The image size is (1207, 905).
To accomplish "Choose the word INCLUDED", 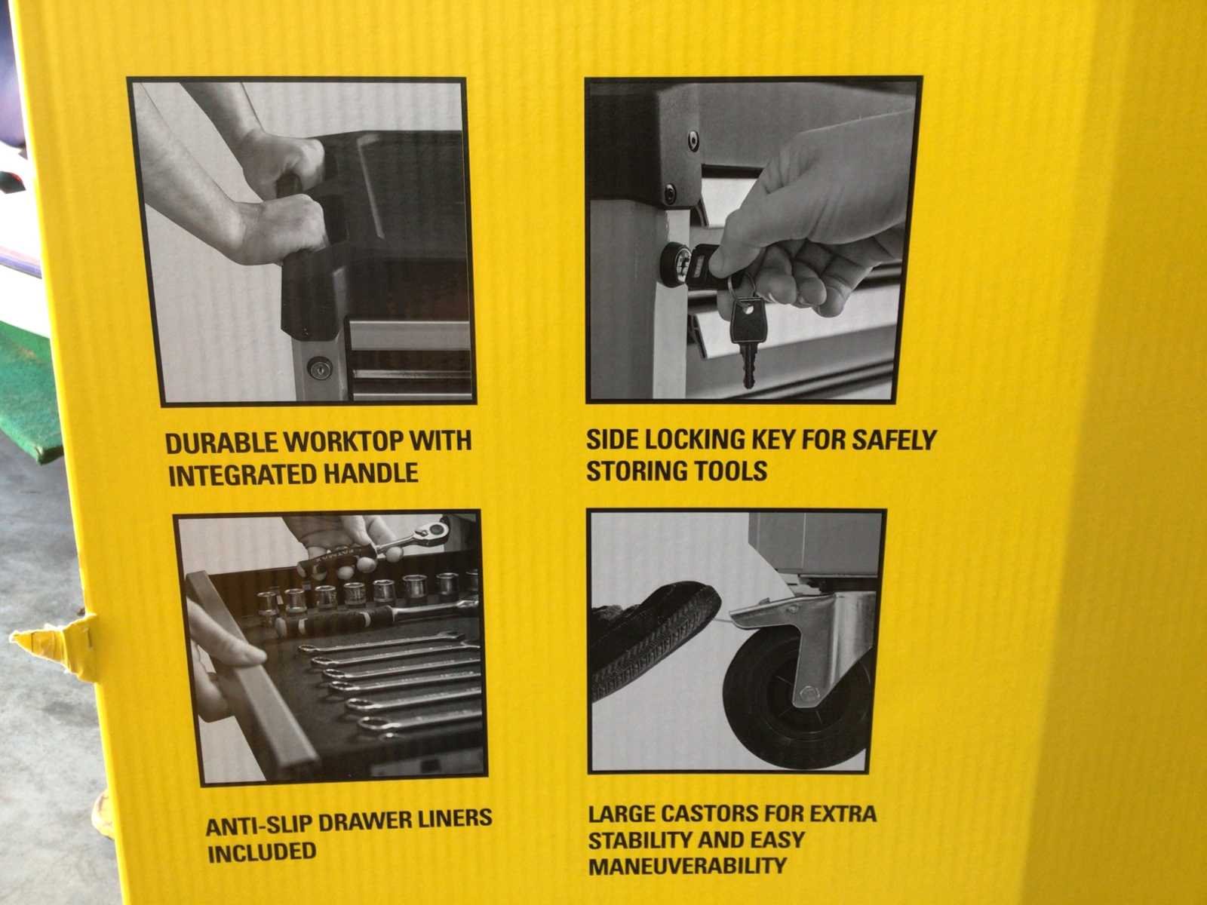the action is [x=262, y=852].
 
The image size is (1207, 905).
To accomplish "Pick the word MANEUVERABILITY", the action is [x=686, y=867].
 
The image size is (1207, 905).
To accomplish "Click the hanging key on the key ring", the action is [x=747, y=339].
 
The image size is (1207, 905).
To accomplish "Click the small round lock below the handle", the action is [x=320, y=367].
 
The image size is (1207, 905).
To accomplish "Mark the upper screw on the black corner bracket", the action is [x=694, y=141].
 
